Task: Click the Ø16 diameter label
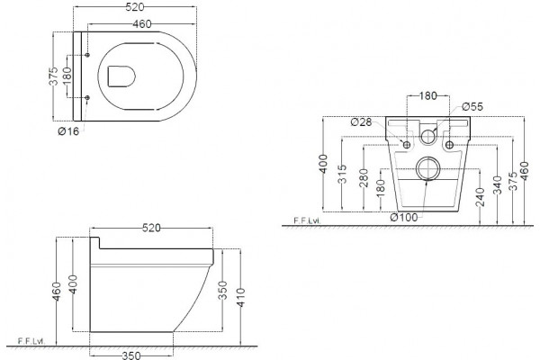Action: tap(68, 131)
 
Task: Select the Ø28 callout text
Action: tap(361, 122)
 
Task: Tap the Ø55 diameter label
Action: tap(472, 107)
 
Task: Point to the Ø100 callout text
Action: tap(404, 218)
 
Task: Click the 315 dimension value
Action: tap(342, 174)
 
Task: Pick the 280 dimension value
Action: tap(364, 178)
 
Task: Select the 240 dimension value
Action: tap(480, 197)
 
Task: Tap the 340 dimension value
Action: tap(497, 185)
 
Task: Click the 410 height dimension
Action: tap(240, 298)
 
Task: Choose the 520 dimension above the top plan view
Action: tap(135, 7)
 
